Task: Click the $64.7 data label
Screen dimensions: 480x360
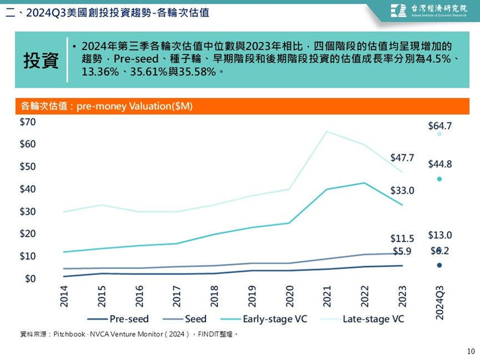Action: coord(439,126)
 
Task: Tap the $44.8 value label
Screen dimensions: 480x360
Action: coord(439,164)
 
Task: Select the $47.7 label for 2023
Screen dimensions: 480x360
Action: coord(402,158)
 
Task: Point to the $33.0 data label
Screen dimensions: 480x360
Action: coord(402,190)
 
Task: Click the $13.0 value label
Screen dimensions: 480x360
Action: coord(439,235)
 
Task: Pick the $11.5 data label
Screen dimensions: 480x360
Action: coord(402,239)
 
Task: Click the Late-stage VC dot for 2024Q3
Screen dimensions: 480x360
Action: coord(439,134)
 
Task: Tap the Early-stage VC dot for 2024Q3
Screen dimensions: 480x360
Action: coord(439,179)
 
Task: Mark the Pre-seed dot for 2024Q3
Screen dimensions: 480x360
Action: coord(439,265)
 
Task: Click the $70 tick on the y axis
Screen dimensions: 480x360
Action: coord(28,122)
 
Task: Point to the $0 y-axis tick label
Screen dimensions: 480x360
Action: coord(31,278)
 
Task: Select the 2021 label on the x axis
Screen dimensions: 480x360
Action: coord(327,296)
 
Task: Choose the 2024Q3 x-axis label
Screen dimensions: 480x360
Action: coord(439,302)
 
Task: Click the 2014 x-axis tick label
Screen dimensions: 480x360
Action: coord(64,296)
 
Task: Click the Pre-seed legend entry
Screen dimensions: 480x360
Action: coord(118,319)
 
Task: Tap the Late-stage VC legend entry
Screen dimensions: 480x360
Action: coord(362,319)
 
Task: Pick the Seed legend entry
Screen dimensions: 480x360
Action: coord(185,319)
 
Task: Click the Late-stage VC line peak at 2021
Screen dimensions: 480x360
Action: coord(327,131)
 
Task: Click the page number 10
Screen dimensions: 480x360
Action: coord(471,351)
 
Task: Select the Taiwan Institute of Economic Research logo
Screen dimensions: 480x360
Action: coord(429,11)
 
